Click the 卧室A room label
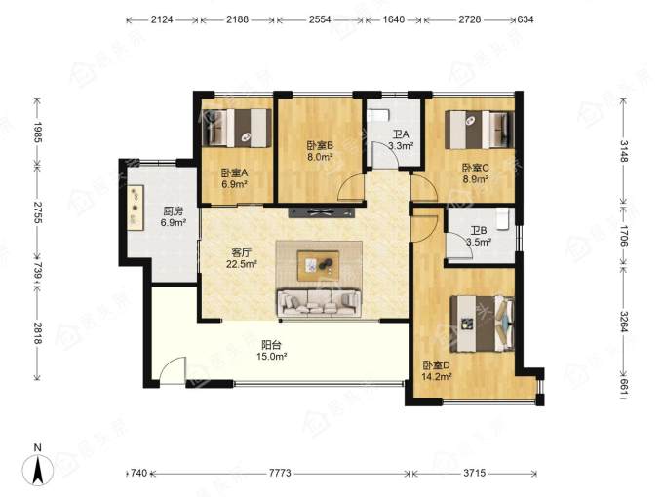coord(234,178)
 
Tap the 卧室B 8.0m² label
coord(320,151)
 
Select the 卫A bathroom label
coord(401,140)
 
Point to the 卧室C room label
coord(476,173)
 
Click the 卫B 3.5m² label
coord(479,236)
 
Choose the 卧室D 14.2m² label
coord(437,370)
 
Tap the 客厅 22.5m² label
coord(242,258)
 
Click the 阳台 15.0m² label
coord(271,351)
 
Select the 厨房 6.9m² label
coord(174,216)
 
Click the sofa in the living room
coord(319,303)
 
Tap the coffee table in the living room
coord(318,266)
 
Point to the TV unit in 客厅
coord(322,212)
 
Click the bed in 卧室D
coord(483,324)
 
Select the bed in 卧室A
coord(236,128)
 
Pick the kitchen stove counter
coord(136,208)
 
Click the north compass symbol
coord(38,468)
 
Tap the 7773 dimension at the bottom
coord(280,473)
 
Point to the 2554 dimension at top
coord(320,19)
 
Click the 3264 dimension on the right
coord(624,322)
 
